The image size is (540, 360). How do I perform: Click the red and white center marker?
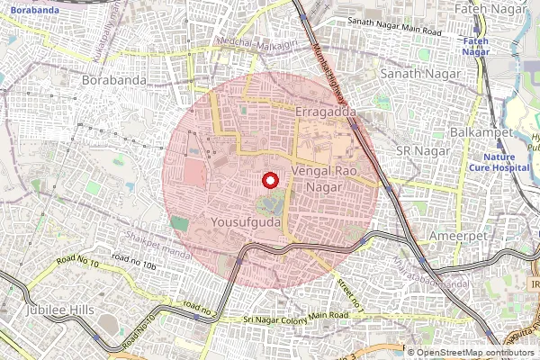(x=269, y=180)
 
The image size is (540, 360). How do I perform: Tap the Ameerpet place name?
(x=459, y=235)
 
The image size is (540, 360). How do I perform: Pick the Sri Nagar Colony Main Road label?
(x=296, y=317)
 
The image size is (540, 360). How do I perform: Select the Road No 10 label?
(x=76, y=262)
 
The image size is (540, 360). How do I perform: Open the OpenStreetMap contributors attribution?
(x=475, y=353)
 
